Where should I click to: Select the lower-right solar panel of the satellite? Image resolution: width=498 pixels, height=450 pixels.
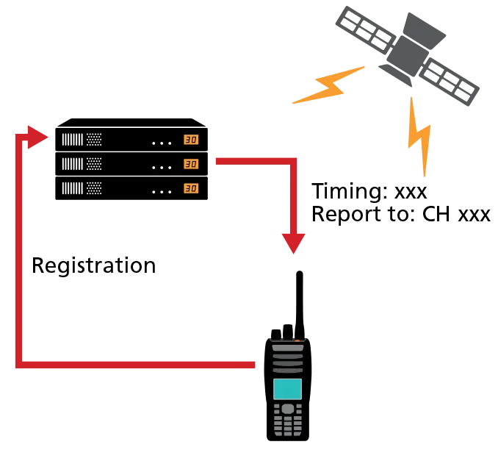click(451, 82)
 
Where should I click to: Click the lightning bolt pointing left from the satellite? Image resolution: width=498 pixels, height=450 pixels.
click(329, 86)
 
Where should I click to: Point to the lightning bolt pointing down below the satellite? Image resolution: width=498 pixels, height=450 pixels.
click(419, 136)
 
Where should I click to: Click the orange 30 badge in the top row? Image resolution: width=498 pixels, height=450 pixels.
click(191, 140)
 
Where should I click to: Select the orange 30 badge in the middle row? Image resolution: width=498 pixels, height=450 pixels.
click(191, 164)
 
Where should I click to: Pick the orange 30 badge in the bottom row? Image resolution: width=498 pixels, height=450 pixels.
click(191, 188)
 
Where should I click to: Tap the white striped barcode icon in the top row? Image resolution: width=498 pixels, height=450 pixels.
click(72, 140)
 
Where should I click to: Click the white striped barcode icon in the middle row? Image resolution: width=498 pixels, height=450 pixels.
click(72, 164)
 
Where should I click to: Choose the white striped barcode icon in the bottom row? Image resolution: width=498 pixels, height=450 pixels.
click(72, 188)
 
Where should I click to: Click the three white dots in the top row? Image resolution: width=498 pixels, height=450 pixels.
click(162, 143)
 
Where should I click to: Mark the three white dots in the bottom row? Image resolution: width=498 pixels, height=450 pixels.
click(162, 192)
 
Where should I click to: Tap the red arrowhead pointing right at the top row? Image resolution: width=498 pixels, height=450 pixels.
click(37, 137)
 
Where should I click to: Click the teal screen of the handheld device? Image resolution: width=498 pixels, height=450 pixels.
click(288, 388)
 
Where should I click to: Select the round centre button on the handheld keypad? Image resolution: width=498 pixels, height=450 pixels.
click(288, 408)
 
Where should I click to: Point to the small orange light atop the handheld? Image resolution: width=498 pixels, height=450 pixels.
click(297, 340)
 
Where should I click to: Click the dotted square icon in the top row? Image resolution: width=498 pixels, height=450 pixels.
click(94, 140)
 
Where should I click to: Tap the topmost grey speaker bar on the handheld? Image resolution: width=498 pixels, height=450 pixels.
click(288, 348)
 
